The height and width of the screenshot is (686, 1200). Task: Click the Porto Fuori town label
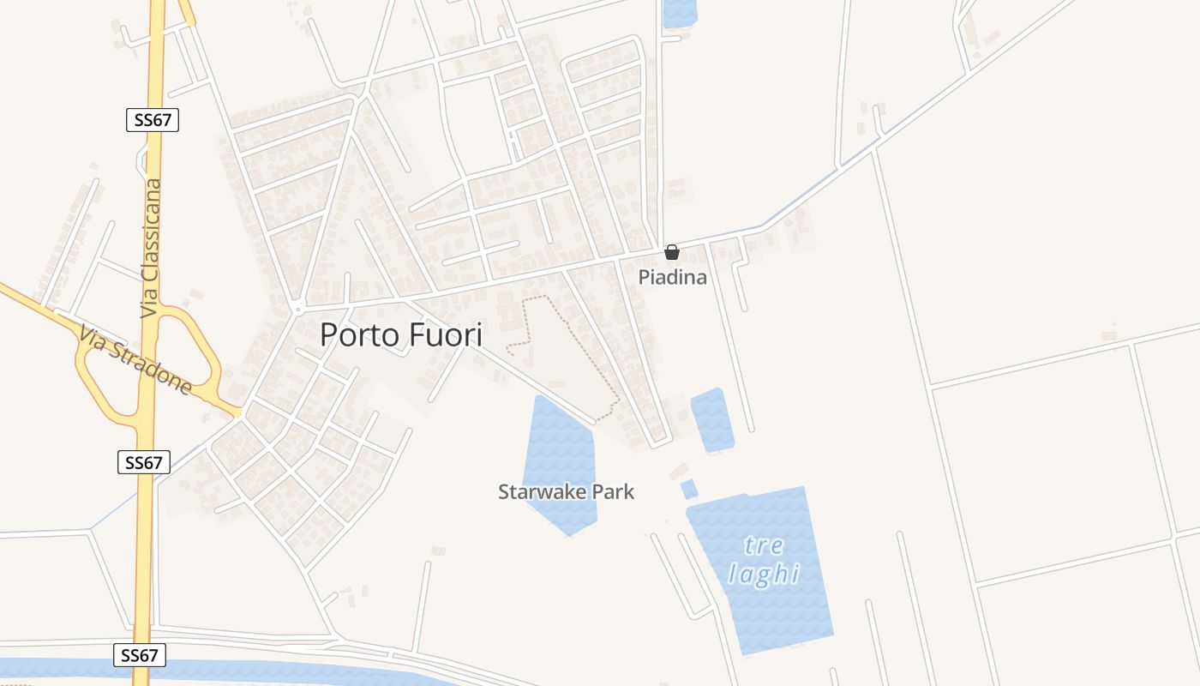(401, 334)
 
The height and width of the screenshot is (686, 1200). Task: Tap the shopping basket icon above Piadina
(672, 252)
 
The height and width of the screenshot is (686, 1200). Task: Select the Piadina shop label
(672, 277)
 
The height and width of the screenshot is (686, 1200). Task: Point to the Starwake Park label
(566, 491)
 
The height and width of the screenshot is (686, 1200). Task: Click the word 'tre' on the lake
(763, 545)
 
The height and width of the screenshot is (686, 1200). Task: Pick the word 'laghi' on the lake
(763, 574)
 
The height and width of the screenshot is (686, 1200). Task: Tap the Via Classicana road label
(152, 249)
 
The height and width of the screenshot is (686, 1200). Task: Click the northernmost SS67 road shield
(153, 120)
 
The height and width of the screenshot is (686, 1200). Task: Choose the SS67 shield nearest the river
(139, 656)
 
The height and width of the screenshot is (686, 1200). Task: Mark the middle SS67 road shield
(143, 463)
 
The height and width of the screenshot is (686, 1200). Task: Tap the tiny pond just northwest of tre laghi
(688, 489)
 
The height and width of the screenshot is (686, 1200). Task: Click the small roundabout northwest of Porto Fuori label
(297, 308)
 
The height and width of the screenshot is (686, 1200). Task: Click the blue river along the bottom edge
(257, 670)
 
